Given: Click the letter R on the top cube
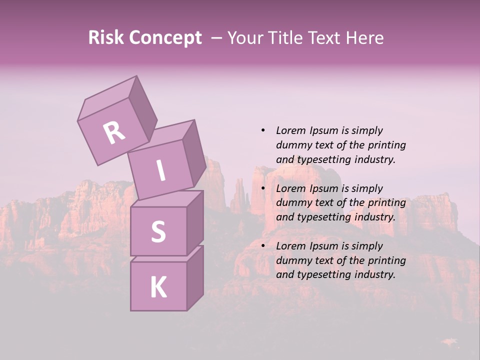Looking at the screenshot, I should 114,132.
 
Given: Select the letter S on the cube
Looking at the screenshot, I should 158,231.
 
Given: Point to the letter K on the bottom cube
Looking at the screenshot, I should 158,287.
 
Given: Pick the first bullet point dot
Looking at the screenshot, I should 263,130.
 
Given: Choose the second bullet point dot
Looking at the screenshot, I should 263,188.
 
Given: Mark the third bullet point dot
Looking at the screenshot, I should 263,246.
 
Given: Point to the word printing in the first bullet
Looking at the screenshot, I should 386,145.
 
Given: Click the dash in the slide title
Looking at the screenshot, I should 216,37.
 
